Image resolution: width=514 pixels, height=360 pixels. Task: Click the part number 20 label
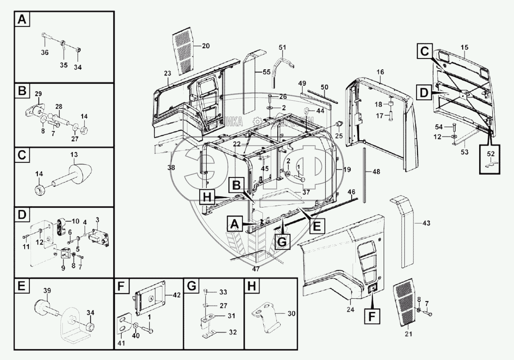click(x=206, y=46)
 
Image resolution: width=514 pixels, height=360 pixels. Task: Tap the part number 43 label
click(x=426, y=223)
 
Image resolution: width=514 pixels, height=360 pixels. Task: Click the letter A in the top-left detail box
click(x=22, y=19)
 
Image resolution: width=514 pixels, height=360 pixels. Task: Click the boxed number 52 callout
click(x=491, y=154)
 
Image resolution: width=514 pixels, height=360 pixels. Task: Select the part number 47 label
click(x=256, y=269)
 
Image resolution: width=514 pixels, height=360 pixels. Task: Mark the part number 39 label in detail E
click(x=47, y=290)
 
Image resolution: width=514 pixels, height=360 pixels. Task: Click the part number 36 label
click(x=44, y=53)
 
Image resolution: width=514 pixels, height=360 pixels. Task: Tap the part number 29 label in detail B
click(x=39, y=94)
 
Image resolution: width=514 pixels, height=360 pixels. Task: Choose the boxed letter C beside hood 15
click(x=424, y=51)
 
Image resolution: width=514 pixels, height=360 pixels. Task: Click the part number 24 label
click(x=350, y=309)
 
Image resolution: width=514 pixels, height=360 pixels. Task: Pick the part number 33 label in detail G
click(x=223, y=292)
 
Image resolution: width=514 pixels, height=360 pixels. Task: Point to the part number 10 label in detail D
click(x=75, y=221)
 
